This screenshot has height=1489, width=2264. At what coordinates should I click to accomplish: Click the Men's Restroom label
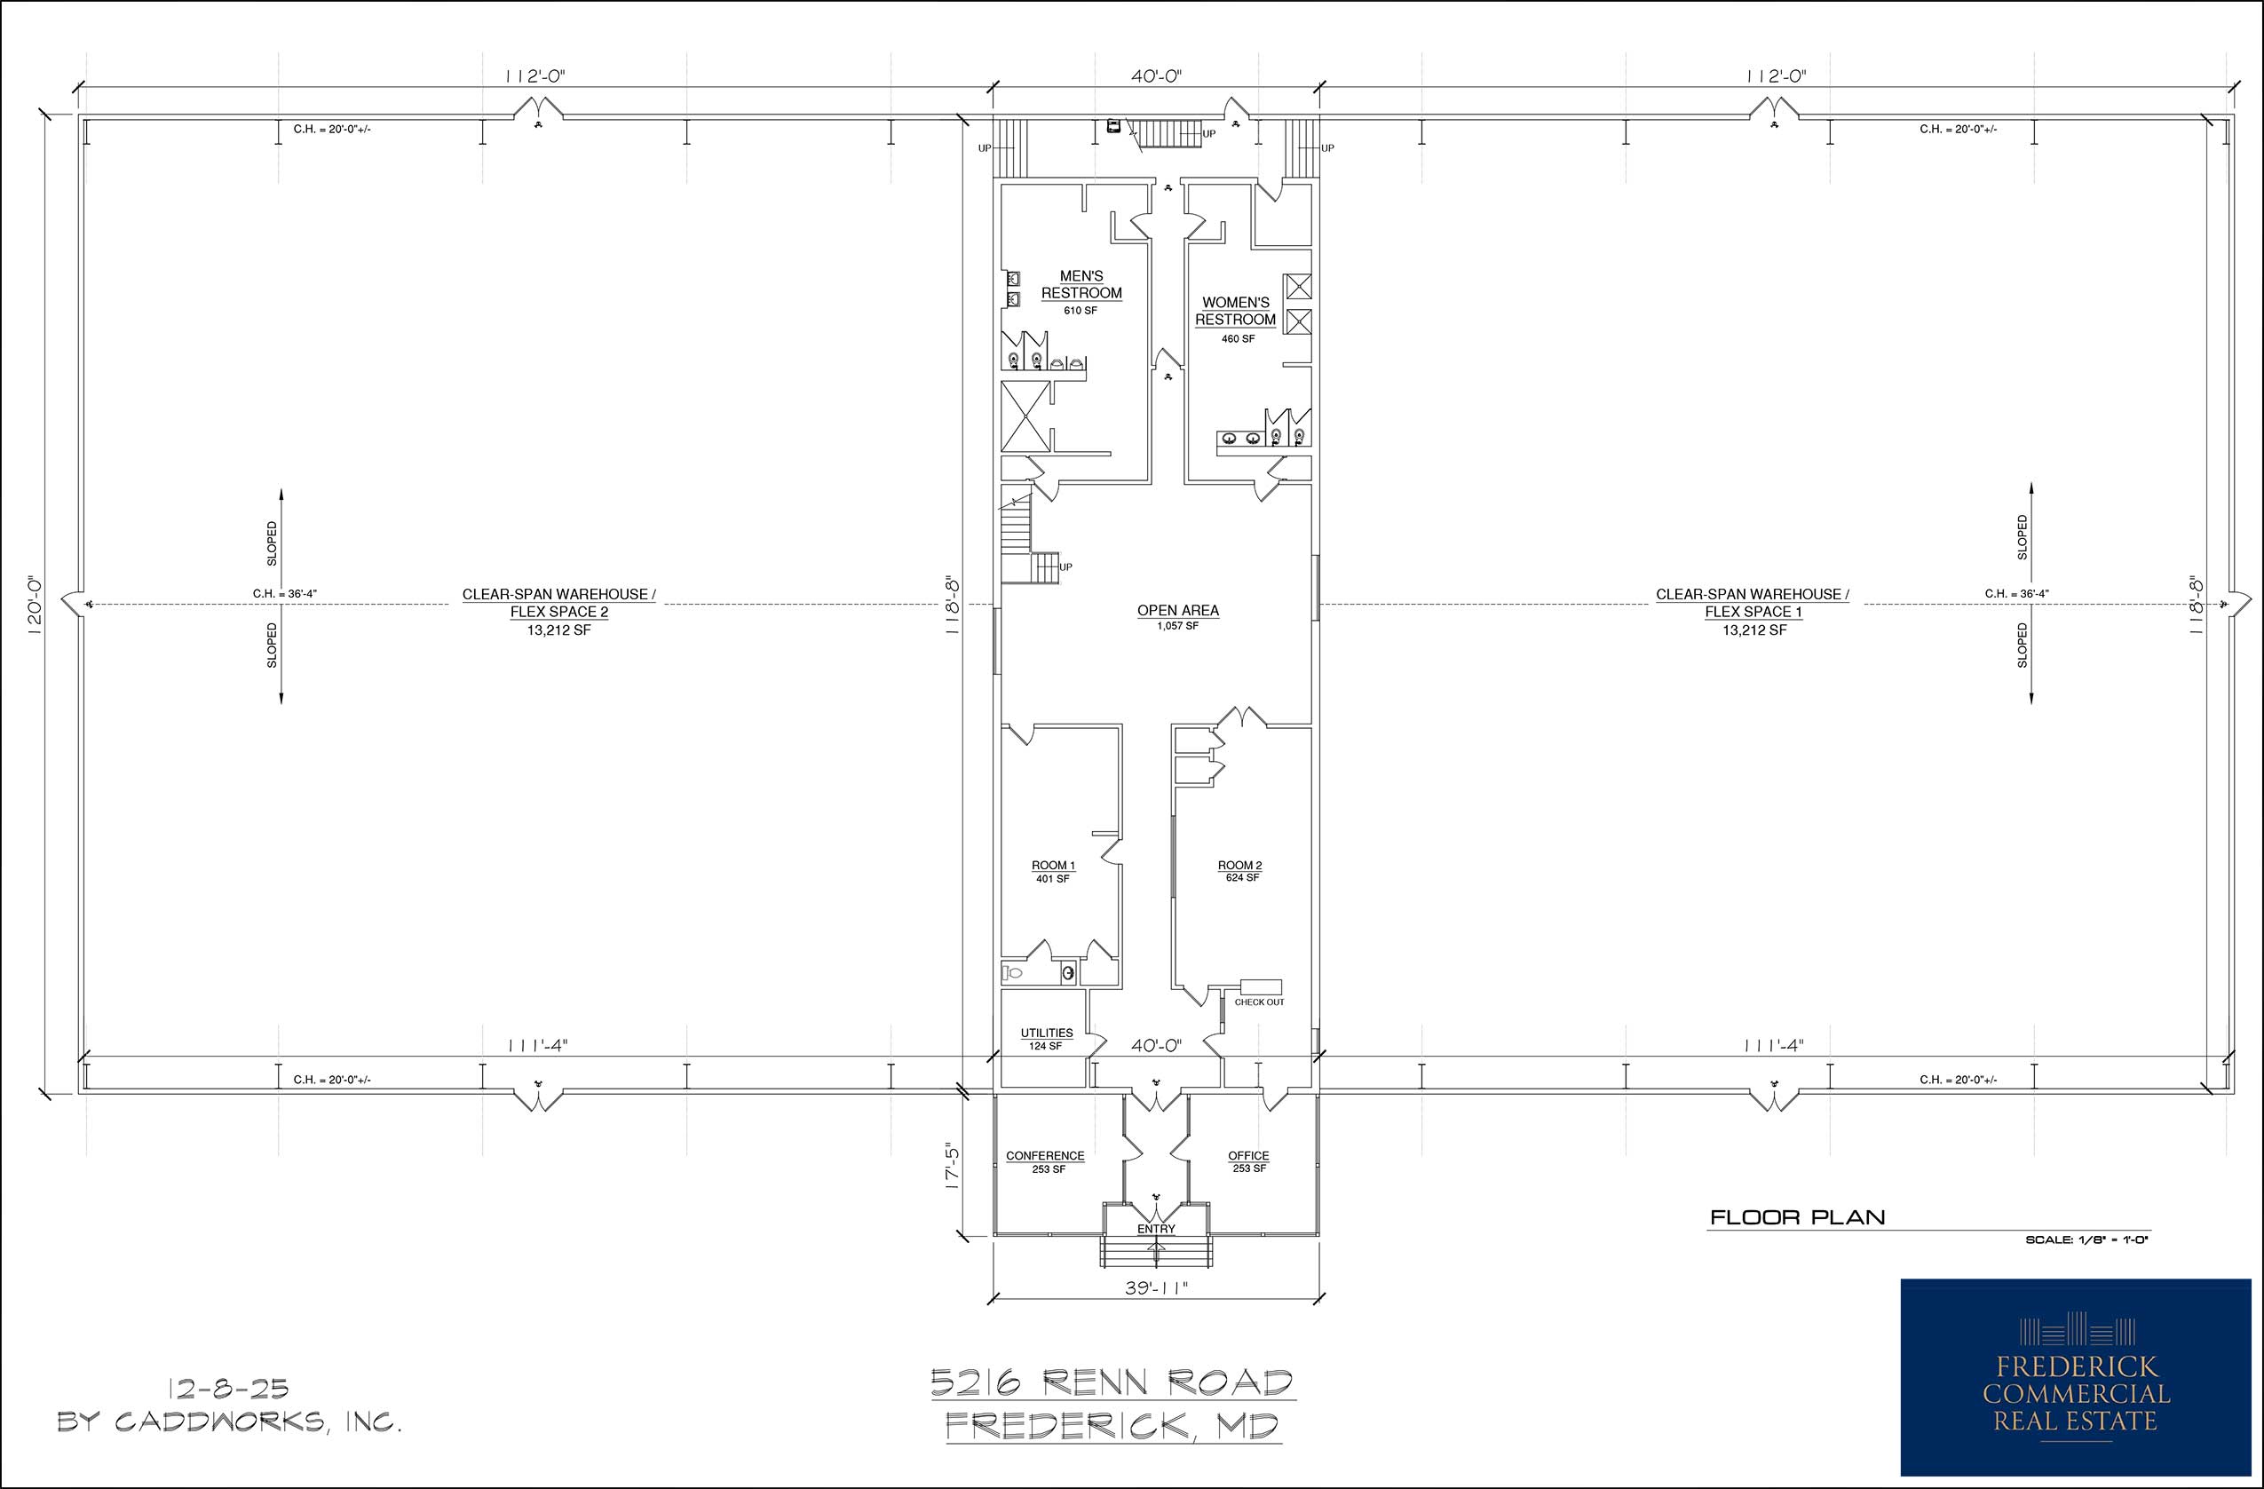tap(1081, 284)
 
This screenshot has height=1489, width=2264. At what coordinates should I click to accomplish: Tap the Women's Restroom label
tap(1236, 311)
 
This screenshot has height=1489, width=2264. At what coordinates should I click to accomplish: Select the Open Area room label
tap(1177, 611)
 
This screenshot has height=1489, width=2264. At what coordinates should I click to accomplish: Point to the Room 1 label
tap(1053, 866)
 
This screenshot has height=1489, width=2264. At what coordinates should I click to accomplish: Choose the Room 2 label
tap(1239, 866)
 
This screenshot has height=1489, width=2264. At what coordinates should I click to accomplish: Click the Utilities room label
tap(1047, 1034)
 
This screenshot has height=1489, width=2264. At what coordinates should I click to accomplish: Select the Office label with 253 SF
tap(1248, 1156)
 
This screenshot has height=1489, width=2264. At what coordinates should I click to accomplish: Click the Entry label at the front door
tap(1156, 1229)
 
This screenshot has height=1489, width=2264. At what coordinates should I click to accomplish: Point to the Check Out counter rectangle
tap(1261, 987)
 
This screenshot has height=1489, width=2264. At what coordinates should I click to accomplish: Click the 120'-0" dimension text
tap(36, 606)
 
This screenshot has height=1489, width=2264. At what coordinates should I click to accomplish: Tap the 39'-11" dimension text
tap(1156, 1289)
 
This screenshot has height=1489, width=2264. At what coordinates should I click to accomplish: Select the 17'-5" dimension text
tap(954, 1166)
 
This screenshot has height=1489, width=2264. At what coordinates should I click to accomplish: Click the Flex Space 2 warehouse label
tap(559, 603)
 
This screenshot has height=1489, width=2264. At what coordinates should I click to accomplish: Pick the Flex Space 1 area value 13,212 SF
tap(1754, 630)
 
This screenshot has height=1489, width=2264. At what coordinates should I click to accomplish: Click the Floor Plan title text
tap(1797, 1217)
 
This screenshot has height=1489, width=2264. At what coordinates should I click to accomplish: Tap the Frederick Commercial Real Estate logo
tap(2076, 1377)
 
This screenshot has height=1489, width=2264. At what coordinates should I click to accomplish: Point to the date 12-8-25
tap(228, 1389)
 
